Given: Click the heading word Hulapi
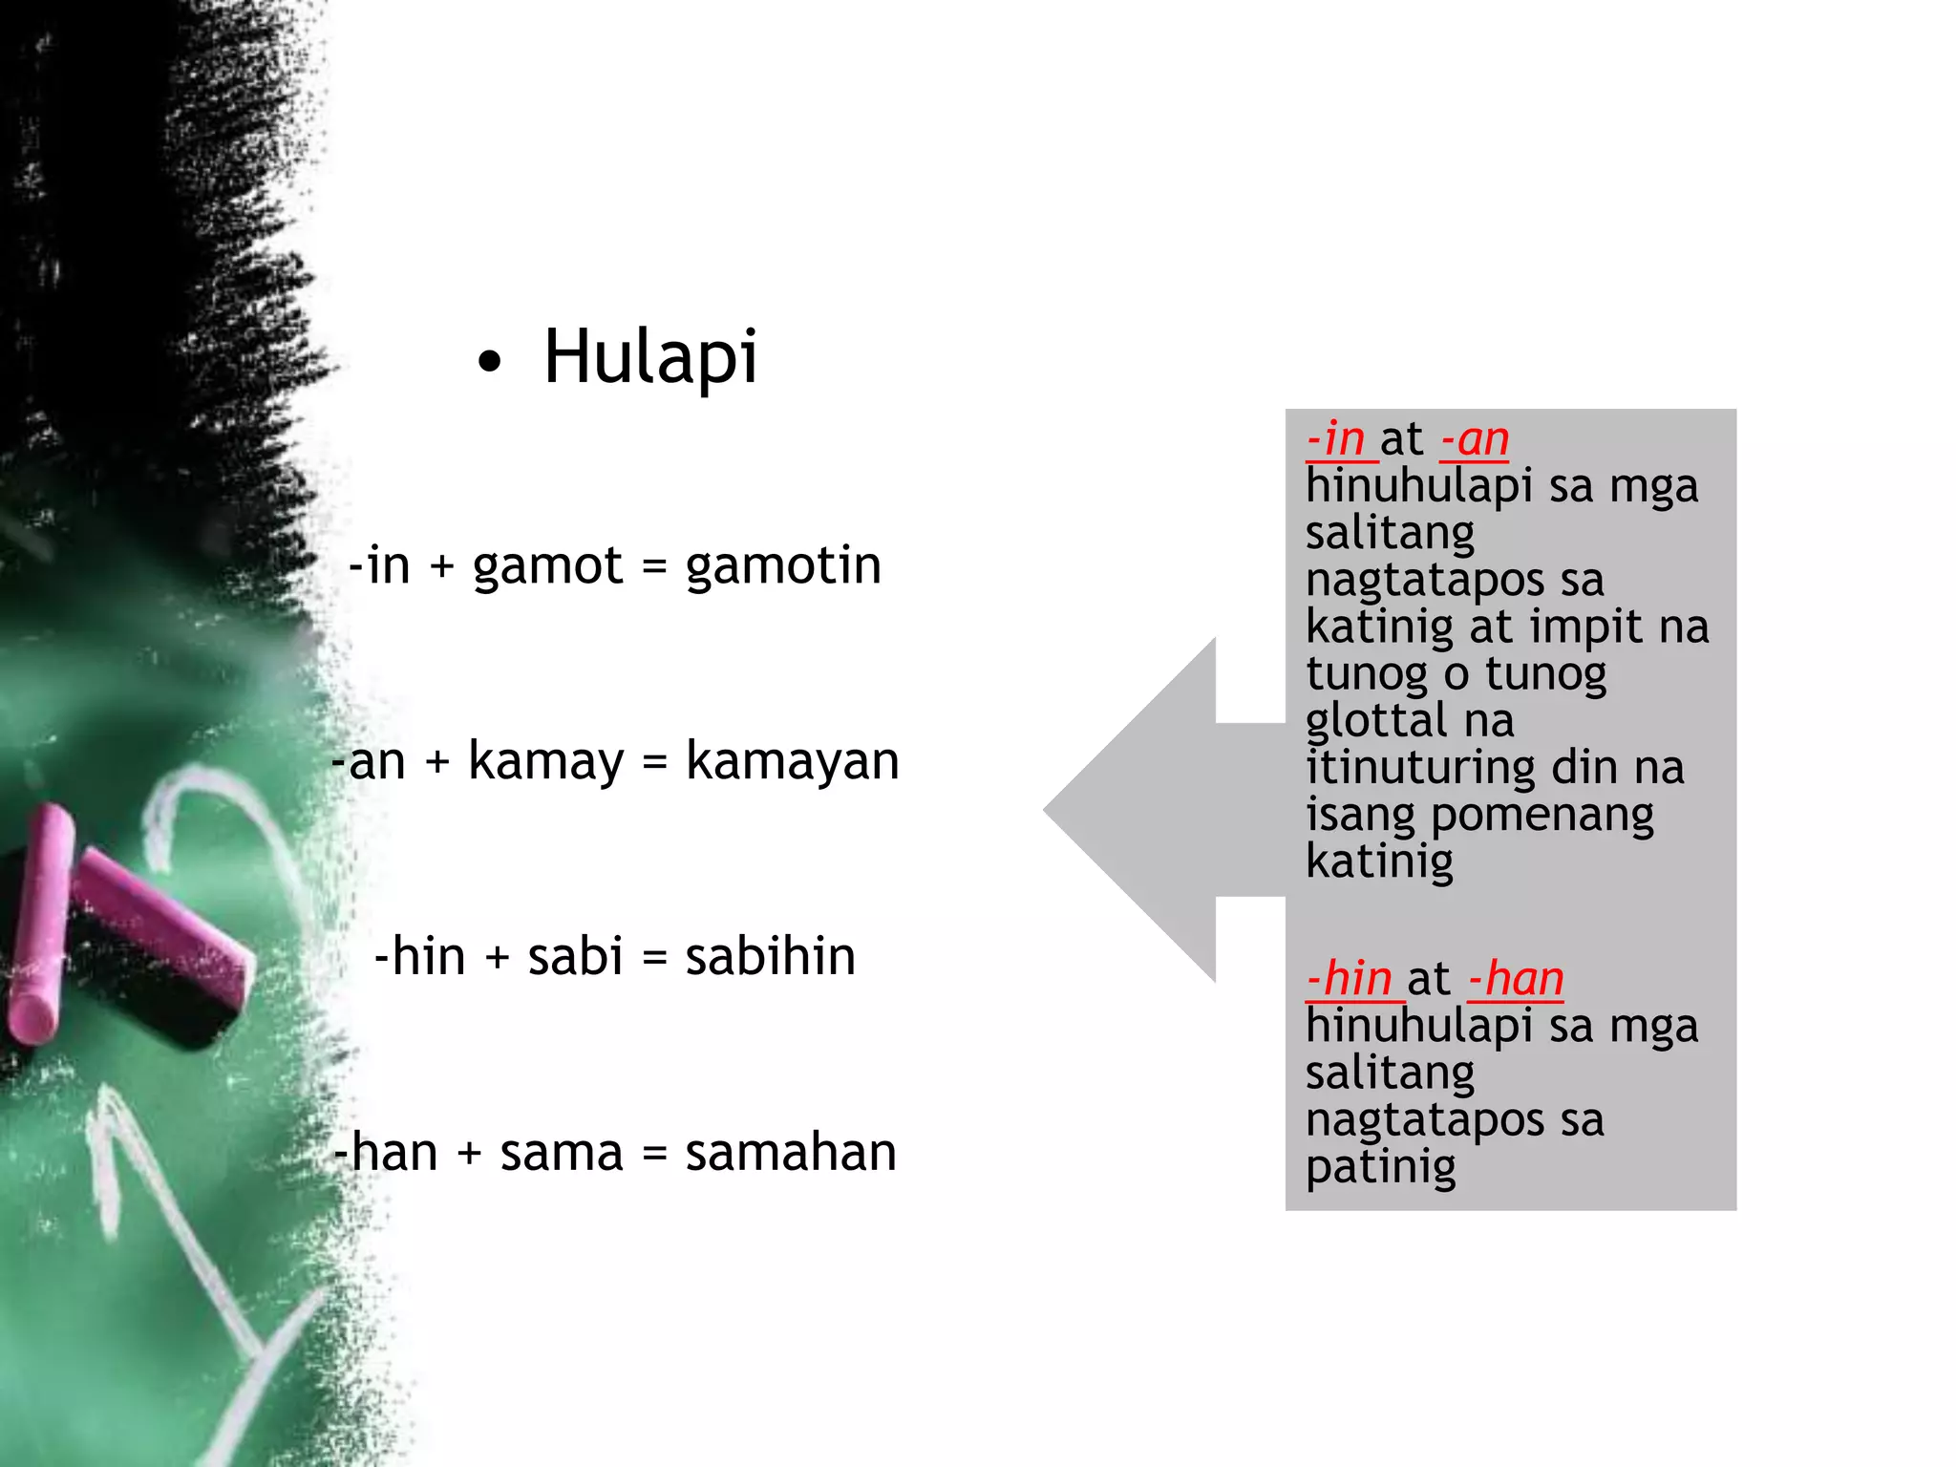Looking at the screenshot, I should pyautogui.click(x=650, y=357).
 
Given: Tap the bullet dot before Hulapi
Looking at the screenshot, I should pyautogui.click(x=489, y=363).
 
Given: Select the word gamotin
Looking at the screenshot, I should pyautogui.click(x=783, y=565).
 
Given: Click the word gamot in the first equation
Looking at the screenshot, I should pyautogui.click(x=547, y=565).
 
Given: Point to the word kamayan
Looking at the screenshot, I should pyautogui.click(x=792, y=762).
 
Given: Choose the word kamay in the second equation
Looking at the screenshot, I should pyautogui.click(x=545, y=762).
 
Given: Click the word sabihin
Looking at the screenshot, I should pyautogui.click(x=770, y=957).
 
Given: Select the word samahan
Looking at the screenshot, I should pyautogui.click(x=791, y=1153).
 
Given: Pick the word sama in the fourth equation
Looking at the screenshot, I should pyautogui.click(x=562, y=1153).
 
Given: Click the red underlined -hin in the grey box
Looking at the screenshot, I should pyautogui.click(x=1350, y=979).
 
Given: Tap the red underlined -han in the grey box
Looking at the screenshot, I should pyautogui.click(x=1516, y=979).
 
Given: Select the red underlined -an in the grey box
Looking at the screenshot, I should pyautogui.click(x=1475, y=439).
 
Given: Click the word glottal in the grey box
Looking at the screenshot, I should pyautogui.click(x=1375, y=721).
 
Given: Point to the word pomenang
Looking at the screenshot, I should pyautogui.click(x=1541, y=816).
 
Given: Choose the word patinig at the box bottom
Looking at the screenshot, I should pyautogui.click(x=1380, y=1167).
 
